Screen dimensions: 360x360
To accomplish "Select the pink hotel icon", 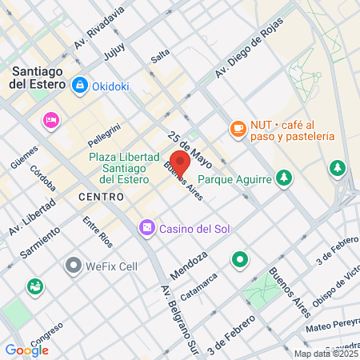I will click(51, 120).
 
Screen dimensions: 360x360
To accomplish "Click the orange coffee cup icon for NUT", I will click(238, 128).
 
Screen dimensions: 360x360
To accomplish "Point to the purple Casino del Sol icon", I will click(146, 229).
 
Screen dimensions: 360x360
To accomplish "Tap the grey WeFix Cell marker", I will click(74, 264).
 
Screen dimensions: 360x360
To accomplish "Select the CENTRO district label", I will click(101, 196).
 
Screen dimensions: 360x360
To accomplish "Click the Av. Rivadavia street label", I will click(99, 29).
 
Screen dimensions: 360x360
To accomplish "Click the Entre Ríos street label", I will click(96, 231).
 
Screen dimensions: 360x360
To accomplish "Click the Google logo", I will click(26, 350).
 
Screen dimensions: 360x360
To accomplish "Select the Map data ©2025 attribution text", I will click(325, 354).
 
